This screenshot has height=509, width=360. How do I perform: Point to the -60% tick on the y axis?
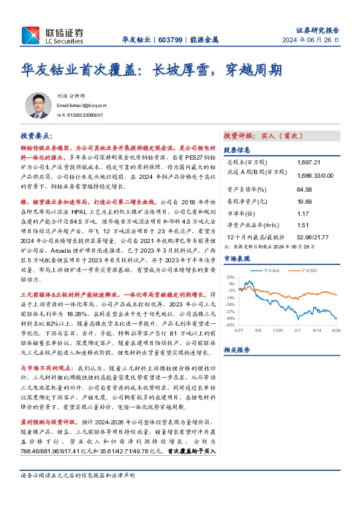tap(231, 325)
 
